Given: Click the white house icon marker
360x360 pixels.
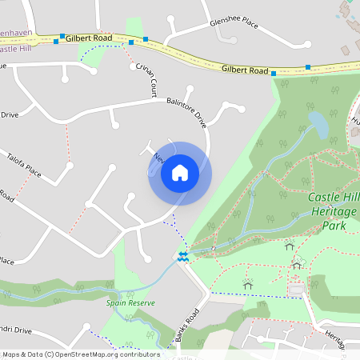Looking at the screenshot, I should coord(179,173).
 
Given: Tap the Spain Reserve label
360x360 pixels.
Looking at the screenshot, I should coord(130,304).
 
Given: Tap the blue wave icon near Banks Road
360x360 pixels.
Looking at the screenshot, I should coord(183,256).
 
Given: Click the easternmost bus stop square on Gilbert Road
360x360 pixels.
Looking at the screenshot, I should coord(308,67).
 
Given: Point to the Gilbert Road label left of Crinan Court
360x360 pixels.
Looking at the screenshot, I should coord(89,38).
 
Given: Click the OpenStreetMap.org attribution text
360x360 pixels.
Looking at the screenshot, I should coord(120,354).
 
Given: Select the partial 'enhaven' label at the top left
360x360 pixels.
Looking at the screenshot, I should coord(16,35).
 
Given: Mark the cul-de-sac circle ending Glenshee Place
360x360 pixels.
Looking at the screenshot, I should coord(171,18).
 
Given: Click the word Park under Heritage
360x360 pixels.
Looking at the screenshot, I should coord(333,226).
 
